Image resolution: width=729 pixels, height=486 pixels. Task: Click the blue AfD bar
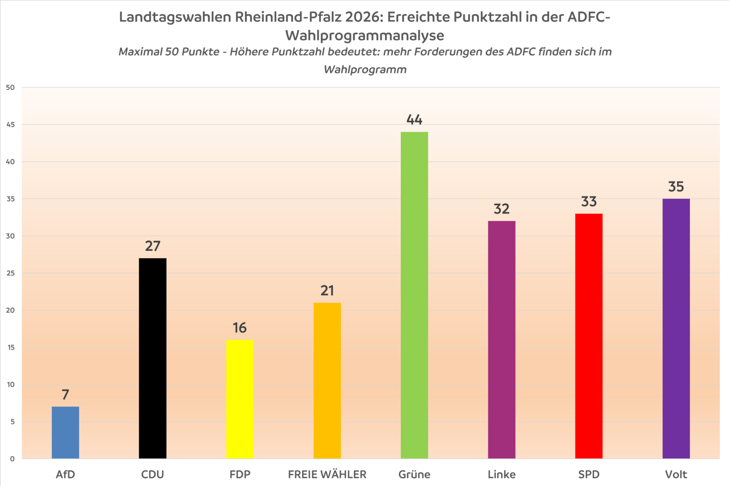point(66,432)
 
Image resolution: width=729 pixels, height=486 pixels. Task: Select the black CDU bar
point(153,358)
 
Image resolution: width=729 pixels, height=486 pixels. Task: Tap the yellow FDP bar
point(240,399)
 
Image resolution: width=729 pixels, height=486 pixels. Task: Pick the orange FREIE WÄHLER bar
point(327,380)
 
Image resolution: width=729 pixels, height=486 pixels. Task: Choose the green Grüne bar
point(414,295)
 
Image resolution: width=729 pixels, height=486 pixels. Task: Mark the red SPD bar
point(589,336)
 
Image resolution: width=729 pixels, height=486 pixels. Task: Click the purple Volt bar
point(676,328)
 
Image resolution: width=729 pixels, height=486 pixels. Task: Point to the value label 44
point(414,120)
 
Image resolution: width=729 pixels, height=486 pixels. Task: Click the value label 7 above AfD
point(66,395)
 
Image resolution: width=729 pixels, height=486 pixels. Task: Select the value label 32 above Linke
point(501,209)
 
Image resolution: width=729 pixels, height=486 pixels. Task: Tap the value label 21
point(327,291)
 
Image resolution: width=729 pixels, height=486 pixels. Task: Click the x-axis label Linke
point(501,475)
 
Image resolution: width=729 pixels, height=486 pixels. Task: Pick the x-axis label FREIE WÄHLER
point(327,475)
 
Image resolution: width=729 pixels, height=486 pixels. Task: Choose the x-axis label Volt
point(676,475)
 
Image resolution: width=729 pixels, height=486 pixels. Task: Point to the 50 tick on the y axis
point(10,88)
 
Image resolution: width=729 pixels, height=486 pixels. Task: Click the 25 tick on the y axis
point(10,273)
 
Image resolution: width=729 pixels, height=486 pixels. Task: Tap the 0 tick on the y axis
point(12,459)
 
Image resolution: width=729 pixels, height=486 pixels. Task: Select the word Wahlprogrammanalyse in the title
point(364,35)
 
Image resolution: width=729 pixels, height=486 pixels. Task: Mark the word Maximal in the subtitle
point(140,52)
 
